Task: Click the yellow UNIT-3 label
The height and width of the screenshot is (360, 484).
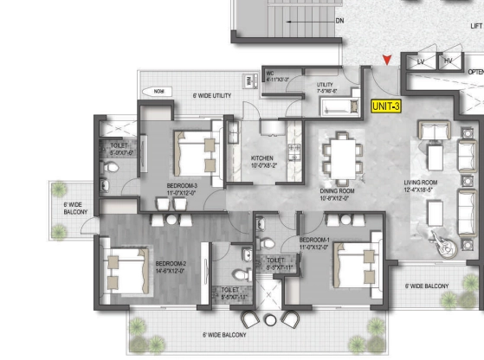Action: point(385,106)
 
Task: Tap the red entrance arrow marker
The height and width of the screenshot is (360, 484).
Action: point(387,60)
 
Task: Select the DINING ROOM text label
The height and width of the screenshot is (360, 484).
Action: point(336,194)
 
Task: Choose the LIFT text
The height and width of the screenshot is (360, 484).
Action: point(475,26)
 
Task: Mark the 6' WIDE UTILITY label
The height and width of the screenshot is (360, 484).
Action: point(211,95)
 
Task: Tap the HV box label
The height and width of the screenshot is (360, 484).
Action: point(449,61)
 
